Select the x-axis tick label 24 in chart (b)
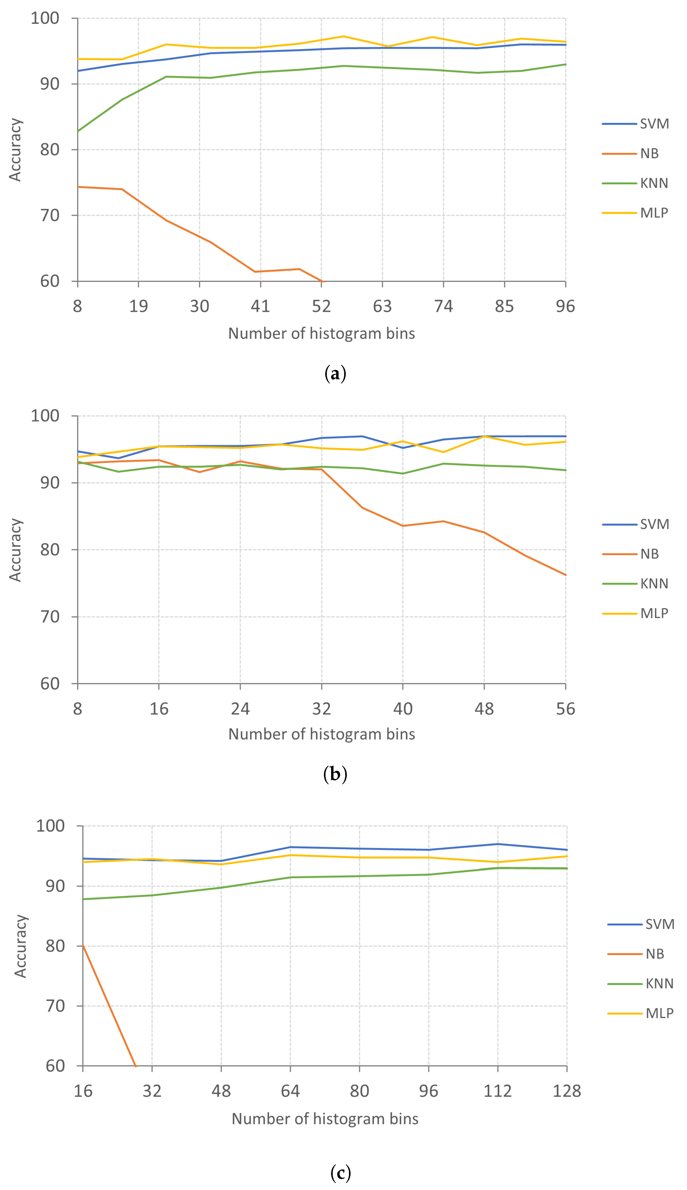coord(240,709)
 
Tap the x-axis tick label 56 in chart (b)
coord(565,709)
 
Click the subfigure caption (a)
coord(335,374)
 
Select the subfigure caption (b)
coord(335,774)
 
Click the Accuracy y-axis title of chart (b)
coord(15,550)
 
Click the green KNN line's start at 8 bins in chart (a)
coord(78,131)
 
